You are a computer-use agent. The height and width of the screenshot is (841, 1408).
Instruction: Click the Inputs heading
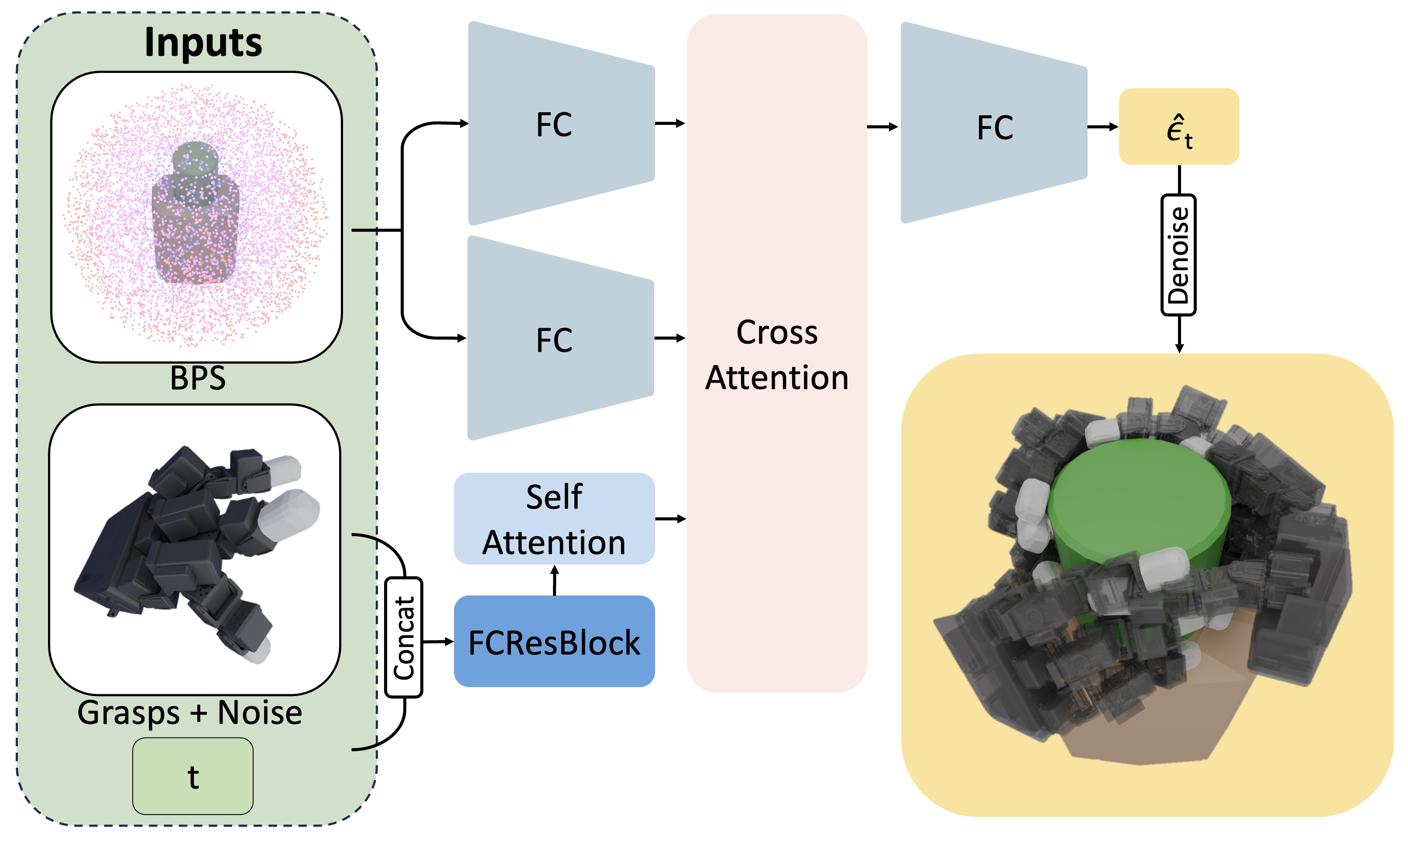(203, 42)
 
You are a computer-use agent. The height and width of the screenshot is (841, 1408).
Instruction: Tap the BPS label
(198, 378)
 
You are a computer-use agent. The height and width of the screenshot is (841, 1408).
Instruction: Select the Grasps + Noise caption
(190, 712)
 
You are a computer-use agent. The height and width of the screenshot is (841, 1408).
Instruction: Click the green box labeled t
(192, 776)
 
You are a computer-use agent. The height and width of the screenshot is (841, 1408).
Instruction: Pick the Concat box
(404, 638)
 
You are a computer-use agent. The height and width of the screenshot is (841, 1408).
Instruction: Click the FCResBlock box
(554, 641)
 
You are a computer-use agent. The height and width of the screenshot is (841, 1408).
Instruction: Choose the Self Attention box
(554, 519)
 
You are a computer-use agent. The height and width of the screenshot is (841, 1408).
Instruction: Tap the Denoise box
(1178, 255)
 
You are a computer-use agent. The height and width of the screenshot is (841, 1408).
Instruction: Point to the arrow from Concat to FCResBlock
(438, 641)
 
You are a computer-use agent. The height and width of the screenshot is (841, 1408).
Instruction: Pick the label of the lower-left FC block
(554, 340)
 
